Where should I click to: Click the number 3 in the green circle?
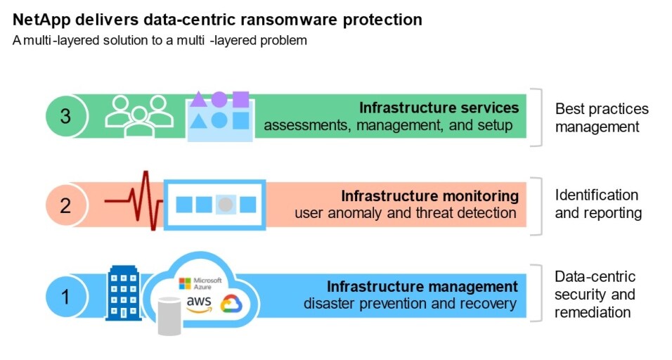[x=65, y=116]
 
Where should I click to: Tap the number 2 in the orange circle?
[x=65, y=205]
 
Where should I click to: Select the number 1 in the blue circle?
[x=65, y=296]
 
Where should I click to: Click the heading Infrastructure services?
[x=439, y=108]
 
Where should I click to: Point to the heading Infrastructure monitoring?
[x=429, y=195]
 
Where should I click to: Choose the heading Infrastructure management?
[x=422, y=286]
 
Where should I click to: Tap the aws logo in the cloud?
[x=200, y=303]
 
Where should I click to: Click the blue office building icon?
[x=124, y=291]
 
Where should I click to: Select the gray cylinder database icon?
[x=169, y=316]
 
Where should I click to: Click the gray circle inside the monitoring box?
[x=225, y=205]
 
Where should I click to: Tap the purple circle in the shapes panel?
[x=219, y=99]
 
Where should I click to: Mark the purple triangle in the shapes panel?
[x=199, y=100]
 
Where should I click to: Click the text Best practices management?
[x=601, y=118]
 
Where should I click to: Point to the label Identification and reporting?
[x=597, y=204]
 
